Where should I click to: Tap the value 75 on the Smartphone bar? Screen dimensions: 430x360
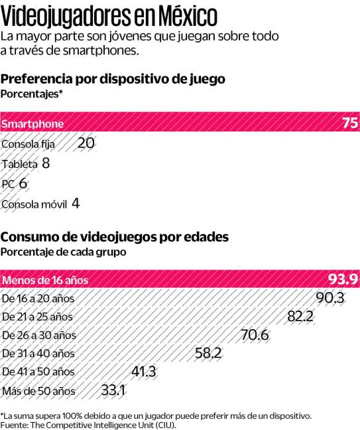coord(349,123)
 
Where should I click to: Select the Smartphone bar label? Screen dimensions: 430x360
coord(32,124)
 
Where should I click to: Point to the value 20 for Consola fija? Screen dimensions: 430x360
coord(86,143)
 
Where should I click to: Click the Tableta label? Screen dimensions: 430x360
coord(20,163)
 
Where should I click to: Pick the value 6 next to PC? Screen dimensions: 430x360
coord(23,183)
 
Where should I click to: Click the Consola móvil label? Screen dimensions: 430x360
coord(34,204)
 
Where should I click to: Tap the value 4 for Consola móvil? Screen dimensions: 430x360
coord(76,203)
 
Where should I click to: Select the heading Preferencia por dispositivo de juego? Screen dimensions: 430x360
coord(113,79)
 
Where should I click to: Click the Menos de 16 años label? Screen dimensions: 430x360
coord(44,279)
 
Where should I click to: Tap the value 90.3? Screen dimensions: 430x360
coord(330,297)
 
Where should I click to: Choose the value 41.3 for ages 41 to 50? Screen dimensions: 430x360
coord(144,372)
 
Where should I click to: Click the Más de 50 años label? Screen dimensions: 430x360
coord(39,390)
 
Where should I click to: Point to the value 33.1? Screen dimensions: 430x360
coord(113,390)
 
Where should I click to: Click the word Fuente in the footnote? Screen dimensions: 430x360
coord(14,425)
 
